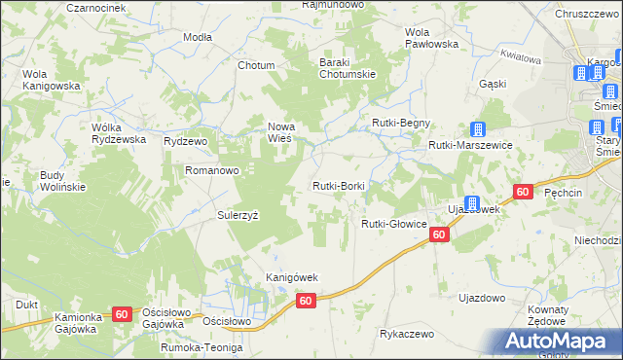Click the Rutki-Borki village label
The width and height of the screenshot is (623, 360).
click(x=338, y=186)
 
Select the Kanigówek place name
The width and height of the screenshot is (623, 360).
click(x=293, y=277)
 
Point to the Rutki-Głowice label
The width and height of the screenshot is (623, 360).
click(x=394, y=224)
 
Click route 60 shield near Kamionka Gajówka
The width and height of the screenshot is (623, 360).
click(x=122, y=313)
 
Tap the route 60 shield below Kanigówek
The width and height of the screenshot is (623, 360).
click(x=306, y=302)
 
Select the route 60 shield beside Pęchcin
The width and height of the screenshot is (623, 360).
click(x=523, y=193)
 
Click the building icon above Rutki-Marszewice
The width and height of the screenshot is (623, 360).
click(x=478, y=129)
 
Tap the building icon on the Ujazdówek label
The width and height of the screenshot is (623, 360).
click(x=471, y=203)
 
